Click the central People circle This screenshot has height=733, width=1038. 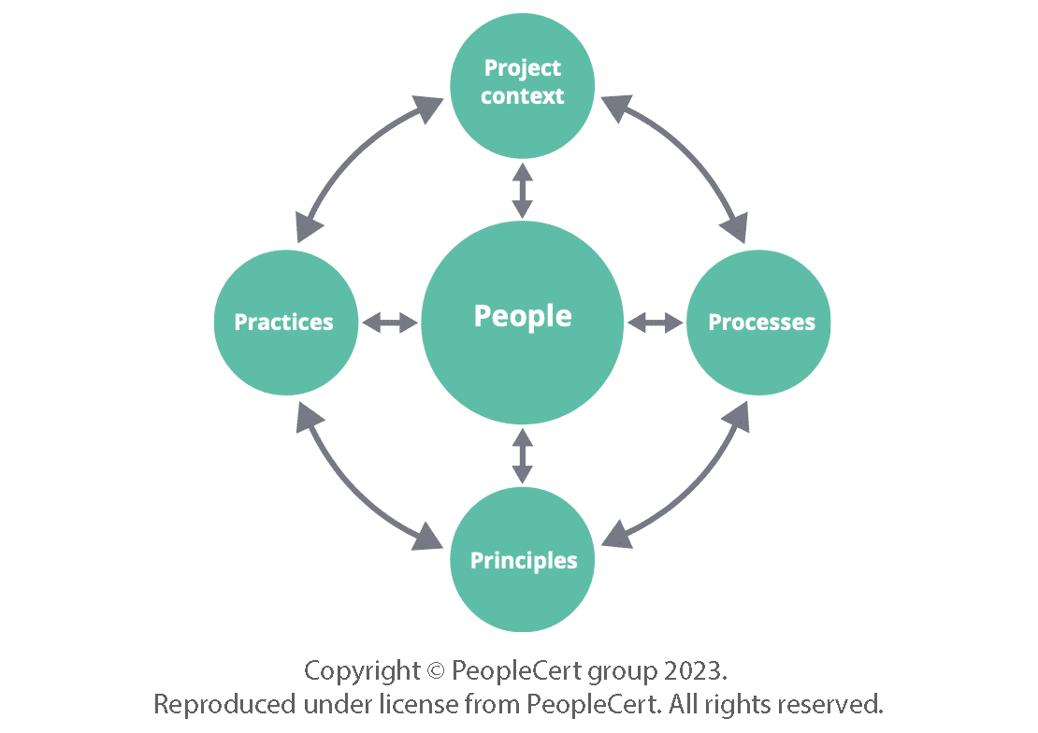coord(522,323)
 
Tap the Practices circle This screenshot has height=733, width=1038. coord(285,323)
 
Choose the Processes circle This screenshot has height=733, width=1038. coord(758,323)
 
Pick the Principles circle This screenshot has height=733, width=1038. coord(522,560)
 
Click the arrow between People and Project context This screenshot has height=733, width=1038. coord(522,191)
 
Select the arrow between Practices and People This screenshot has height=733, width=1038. coord(389,323)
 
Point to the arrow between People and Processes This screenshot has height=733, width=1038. coord(655,323)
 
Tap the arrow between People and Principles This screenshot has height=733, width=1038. coord(522,455)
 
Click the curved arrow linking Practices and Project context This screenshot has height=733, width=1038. coord(352,154)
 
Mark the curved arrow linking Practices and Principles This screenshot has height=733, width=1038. coord(350,491)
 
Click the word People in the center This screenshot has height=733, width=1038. coord(523,316)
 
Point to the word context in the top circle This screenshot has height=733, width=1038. coord(522,96)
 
